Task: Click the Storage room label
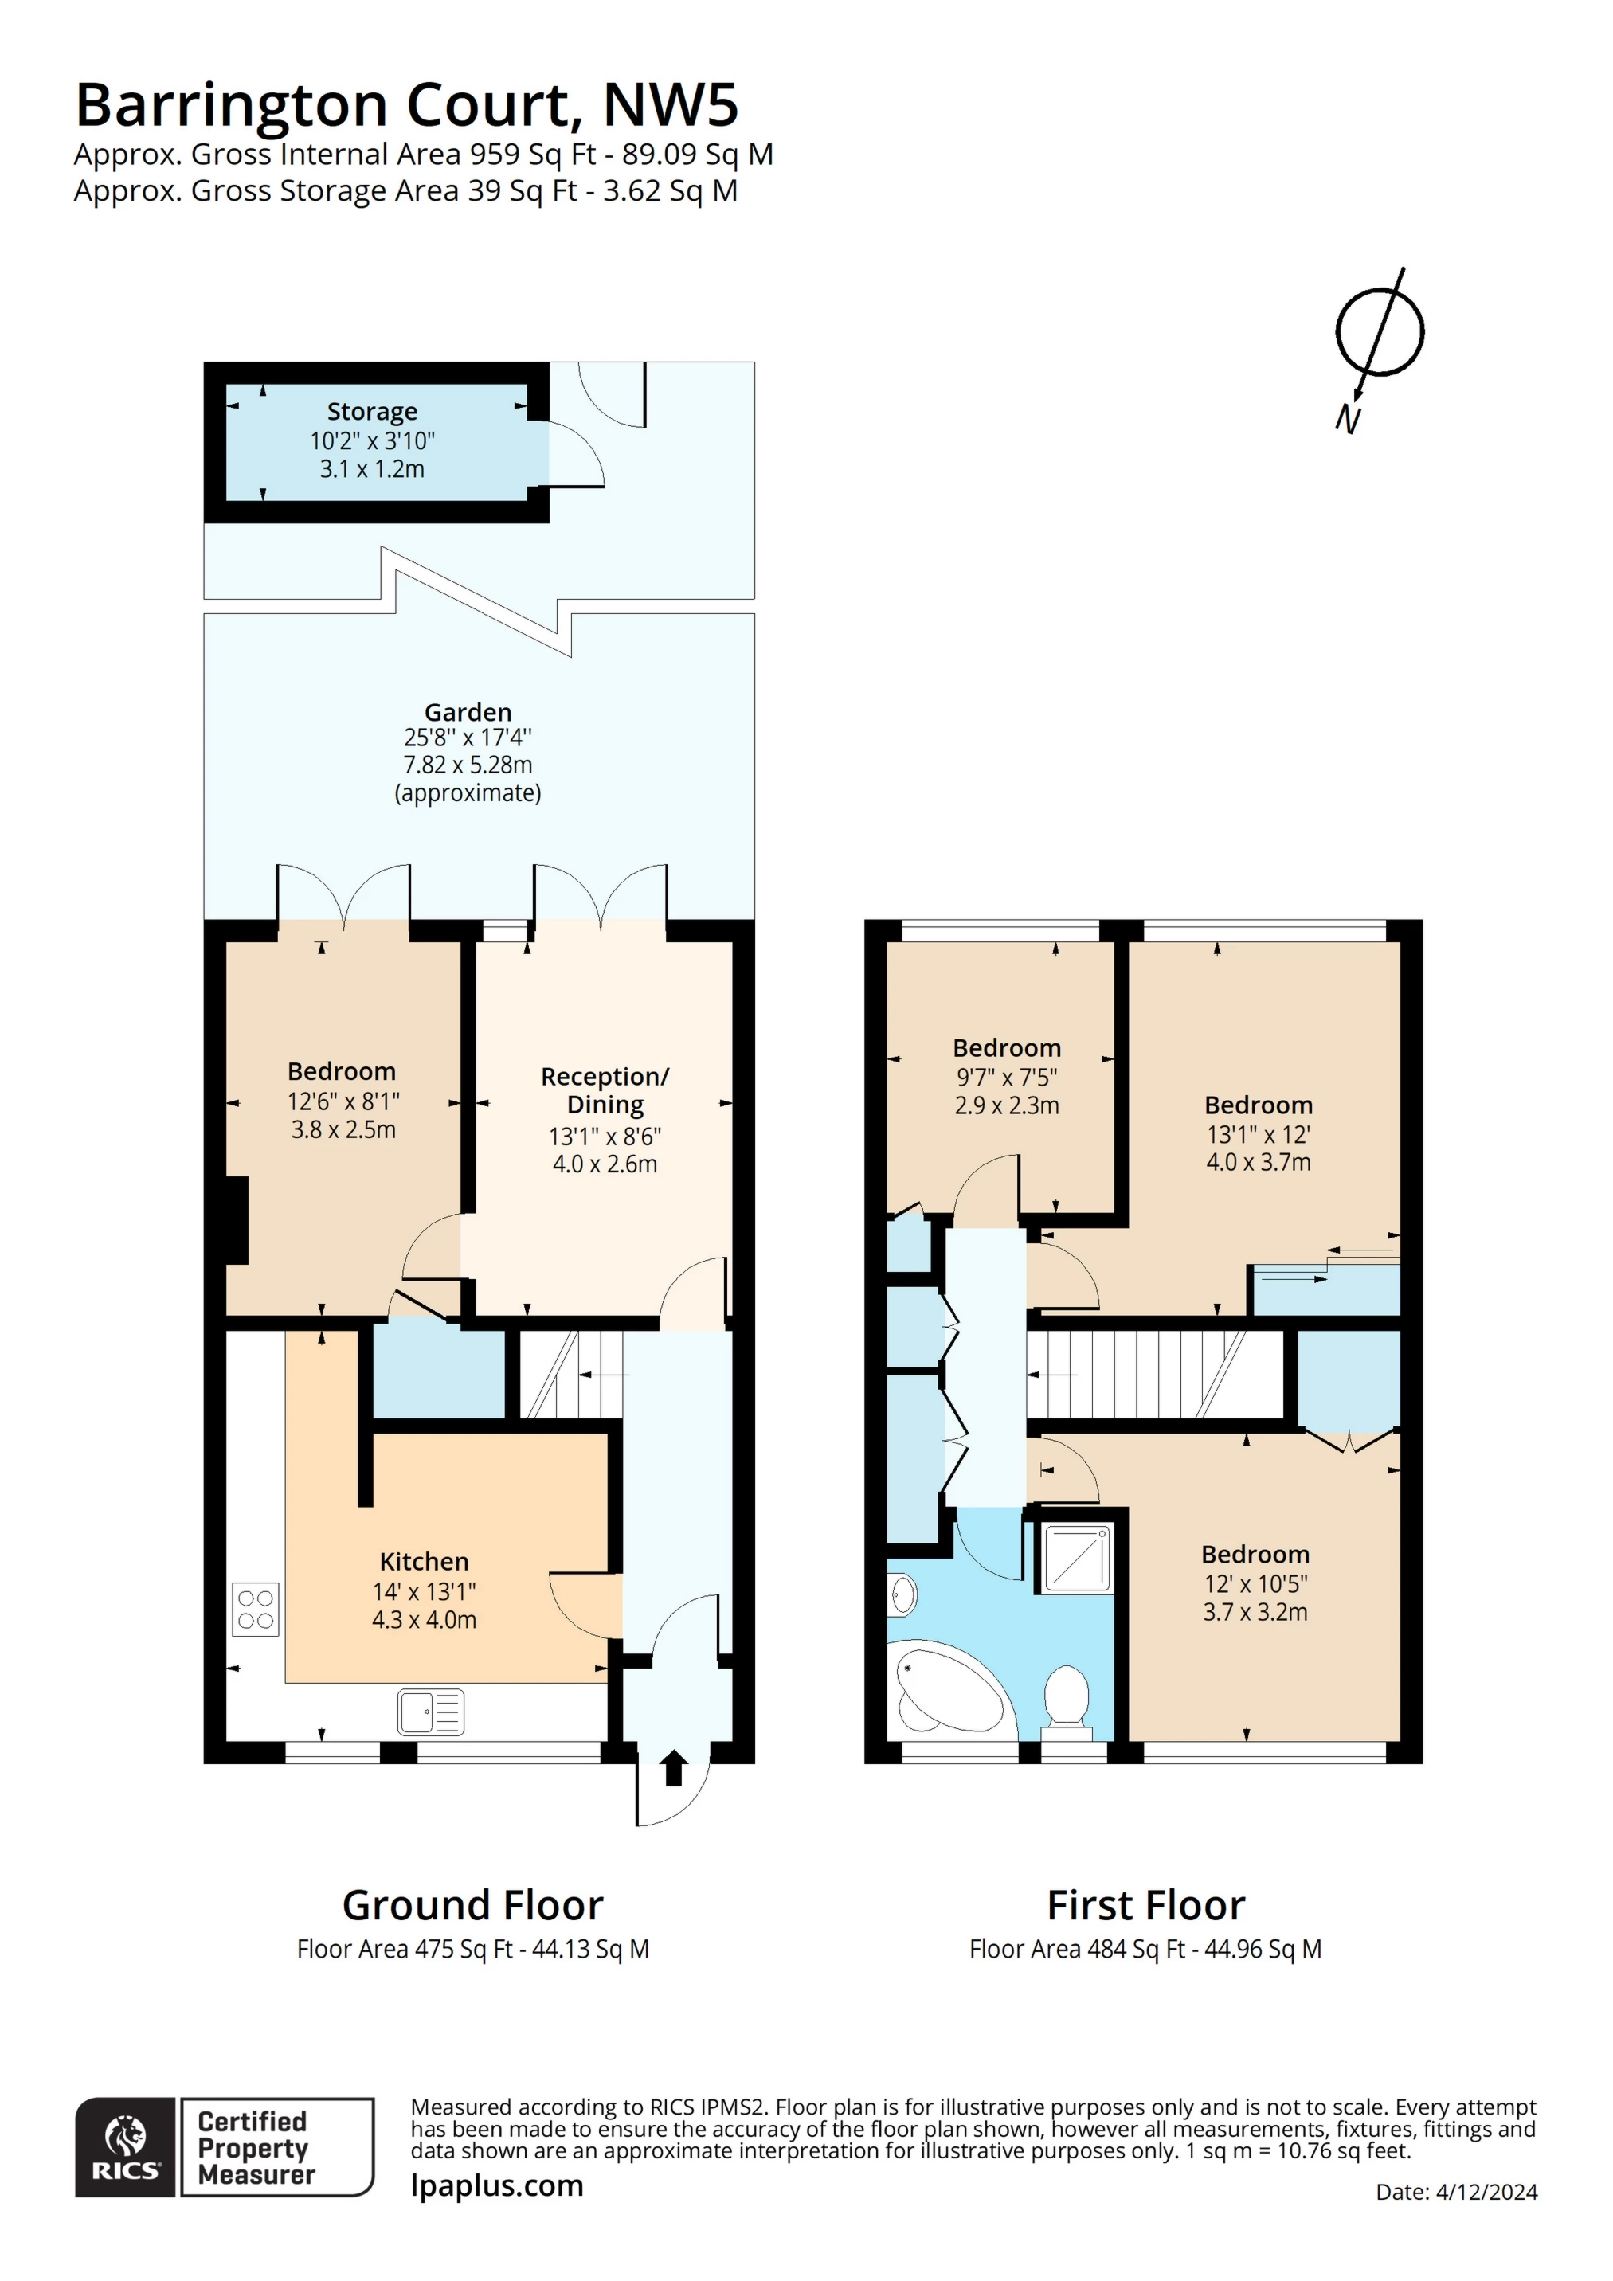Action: click(x=372, y=411)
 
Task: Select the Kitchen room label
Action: click(x=424, y=1562)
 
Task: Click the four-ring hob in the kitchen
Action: click(x=256, y=1610)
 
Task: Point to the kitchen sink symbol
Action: click(x=430, y=1712)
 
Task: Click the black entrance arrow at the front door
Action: click(x=674, y=1767)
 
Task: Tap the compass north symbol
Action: click(x=1379, y=334)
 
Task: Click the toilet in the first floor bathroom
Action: click(x=1067, y=1698)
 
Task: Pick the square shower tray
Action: click(x=1077, y=1559)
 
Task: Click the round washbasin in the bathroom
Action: click(x=902, y=1597)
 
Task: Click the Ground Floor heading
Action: click(x=472, y=1905)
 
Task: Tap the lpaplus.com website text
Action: click(x=497, y=2185)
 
